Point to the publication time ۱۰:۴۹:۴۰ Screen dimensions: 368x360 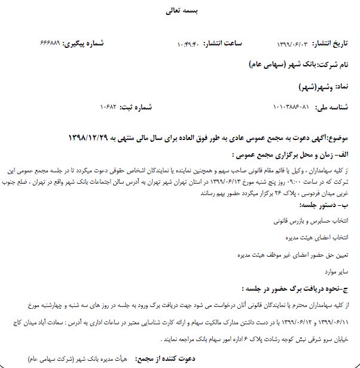191,44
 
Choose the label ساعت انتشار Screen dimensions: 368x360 222,44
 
